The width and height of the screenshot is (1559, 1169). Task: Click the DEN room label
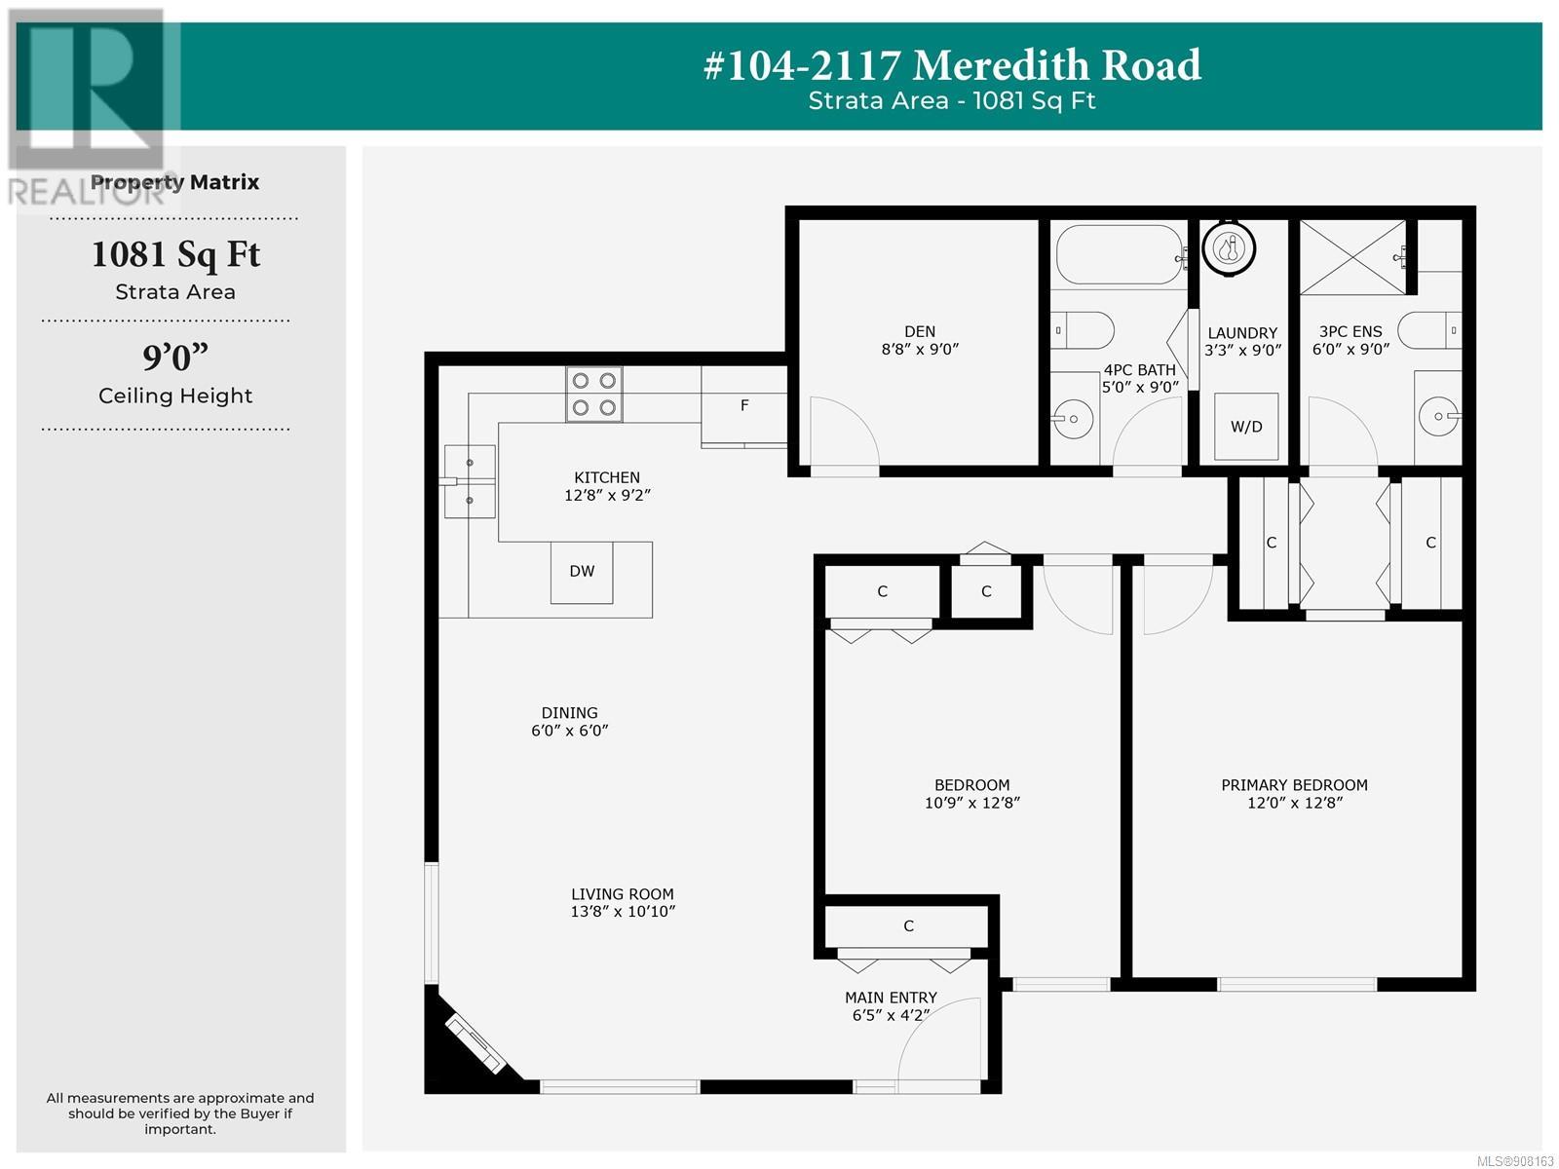pyautogui.click(x=919, y=331)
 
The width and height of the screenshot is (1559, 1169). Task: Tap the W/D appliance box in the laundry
pyautogui.click(x=1246, y=426)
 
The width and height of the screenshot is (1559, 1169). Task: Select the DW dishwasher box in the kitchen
pyautogui.click(x=582, y=572)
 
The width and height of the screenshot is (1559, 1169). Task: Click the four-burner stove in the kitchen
pyautogui.click(x=593, y=394)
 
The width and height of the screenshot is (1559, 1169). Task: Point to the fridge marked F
pyautogui.click(x=743, y=406)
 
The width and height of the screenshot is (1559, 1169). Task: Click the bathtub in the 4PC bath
pyautogui.click(x=1120, y=255)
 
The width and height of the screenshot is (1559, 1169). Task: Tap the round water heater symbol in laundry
pyautogui.click(x=1229, y=248)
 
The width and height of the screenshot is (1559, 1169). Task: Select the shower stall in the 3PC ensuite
pyautogui.click(x=1352, y=257)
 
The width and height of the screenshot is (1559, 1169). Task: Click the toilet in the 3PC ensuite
pyautogui.click(x=1429, y=330)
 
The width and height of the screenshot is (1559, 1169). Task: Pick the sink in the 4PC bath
pyautogui.click(x=1073, y=419)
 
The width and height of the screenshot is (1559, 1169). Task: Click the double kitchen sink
pyautogui.click(x=470, y=481)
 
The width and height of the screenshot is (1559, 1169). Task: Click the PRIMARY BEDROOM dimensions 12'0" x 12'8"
pyautogui.click(x=1294, y=803)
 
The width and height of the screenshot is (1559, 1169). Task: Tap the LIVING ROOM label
pyautogui.click(x=623, y=894)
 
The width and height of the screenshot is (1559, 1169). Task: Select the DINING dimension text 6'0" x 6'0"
pyautogui.click(x=570, y=731)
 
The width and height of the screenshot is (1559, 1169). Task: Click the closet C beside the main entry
pyautogui.click(x=908, y=926)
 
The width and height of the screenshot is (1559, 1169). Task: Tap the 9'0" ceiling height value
pyautogui.click(x=175, y=357)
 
